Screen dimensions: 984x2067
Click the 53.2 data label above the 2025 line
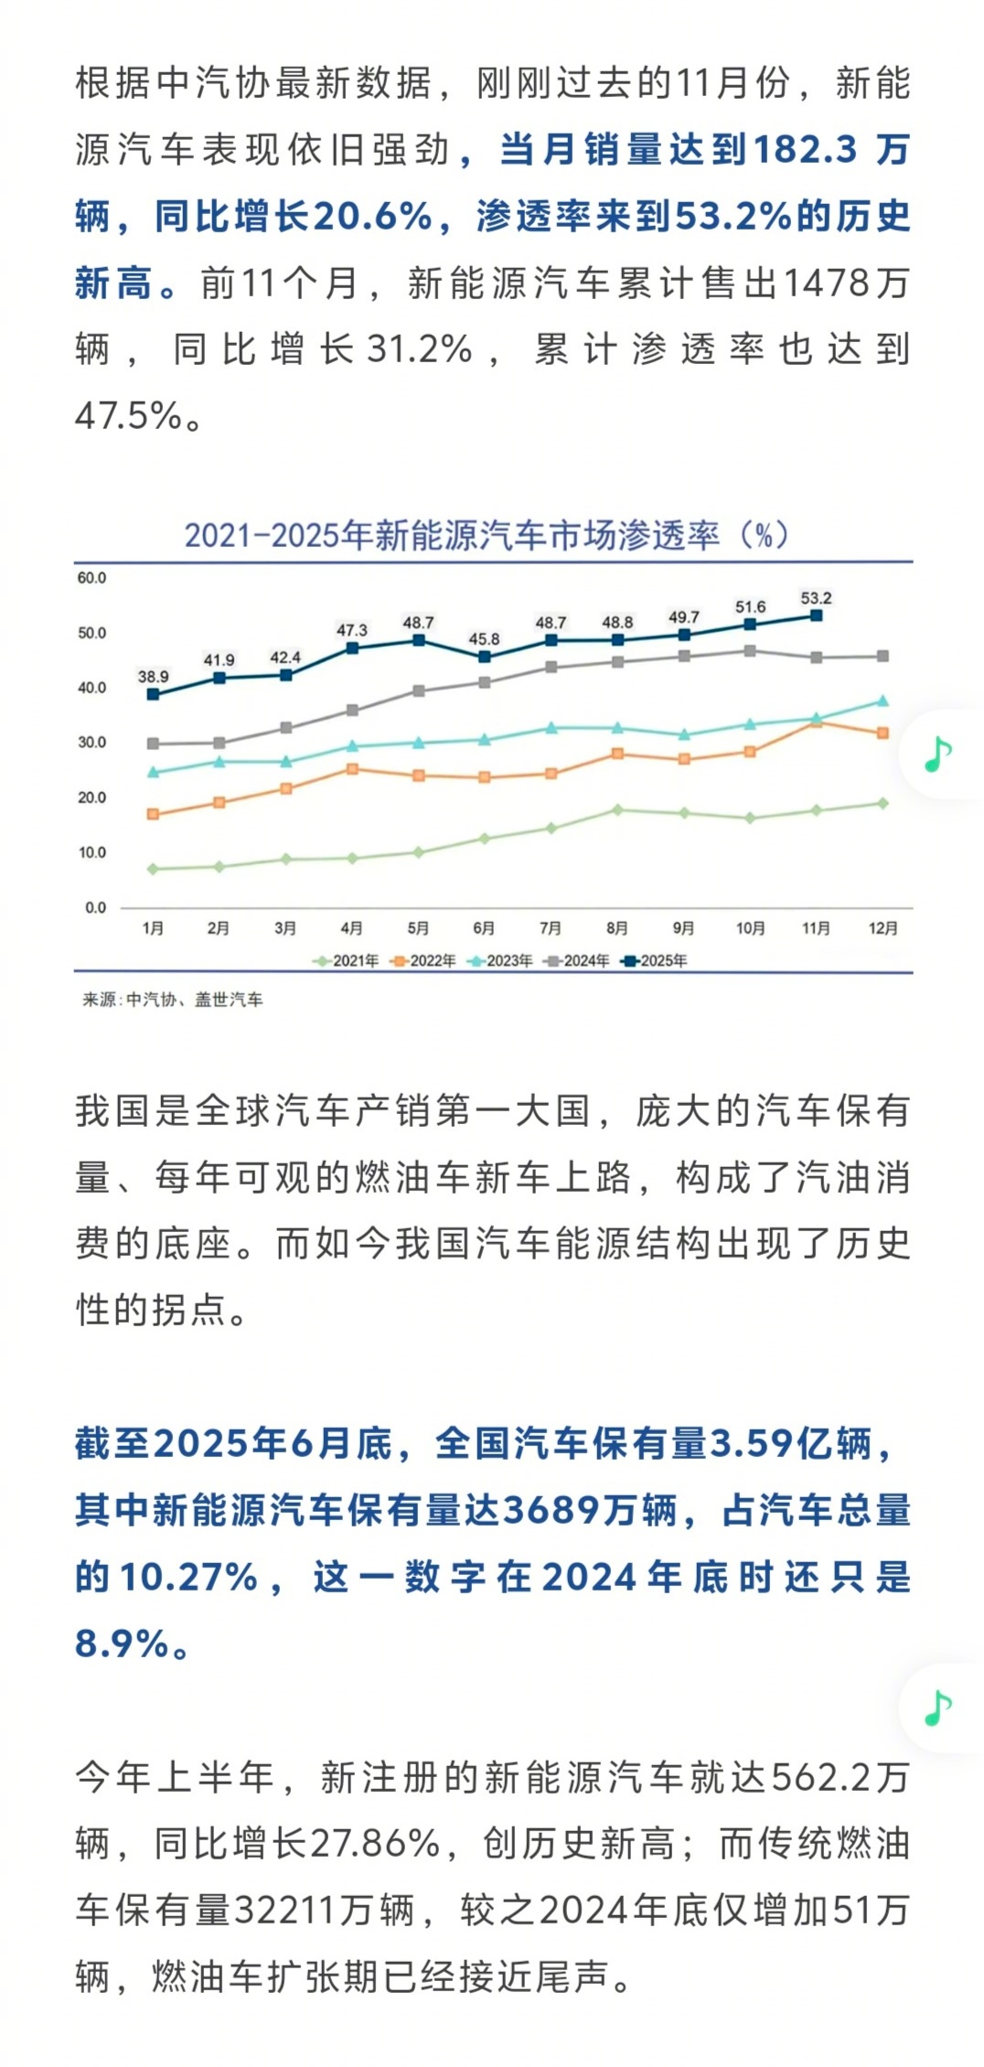click(x=816, y=598)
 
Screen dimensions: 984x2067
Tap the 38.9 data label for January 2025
click(x=153, y=677)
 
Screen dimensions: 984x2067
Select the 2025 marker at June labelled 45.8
click(x=485, y=657)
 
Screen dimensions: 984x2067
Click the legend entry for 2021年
click(x=347, y=960)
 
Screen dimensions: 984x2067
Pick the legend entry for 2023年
click(x=500, y=960)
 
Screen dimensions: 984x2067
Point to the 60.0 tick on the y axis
click(x=91, y=578)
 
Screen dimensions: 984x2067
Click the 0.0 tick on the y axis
click(x=95, y=907)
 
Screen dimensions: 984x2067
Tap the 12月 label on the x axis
click(x=882, y=928)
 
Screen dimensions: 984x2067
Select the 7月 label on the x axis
click(x=551, y=928)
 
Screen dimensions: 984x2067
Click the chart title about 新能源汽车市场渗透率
click(x=487, y=535)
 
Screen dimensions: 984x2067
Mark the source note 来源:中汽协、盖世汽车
click(x=173, y=1000)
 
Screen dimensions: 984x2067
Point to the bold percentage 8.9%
click(x=122, y=1644)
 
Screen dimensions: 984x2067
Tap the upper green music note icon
click(x=938, y=755)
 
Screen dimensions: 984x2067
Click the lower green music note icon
click(x=938, y=1708)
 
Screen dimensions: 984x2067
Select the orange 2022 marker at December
click(x=882, y=733)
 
